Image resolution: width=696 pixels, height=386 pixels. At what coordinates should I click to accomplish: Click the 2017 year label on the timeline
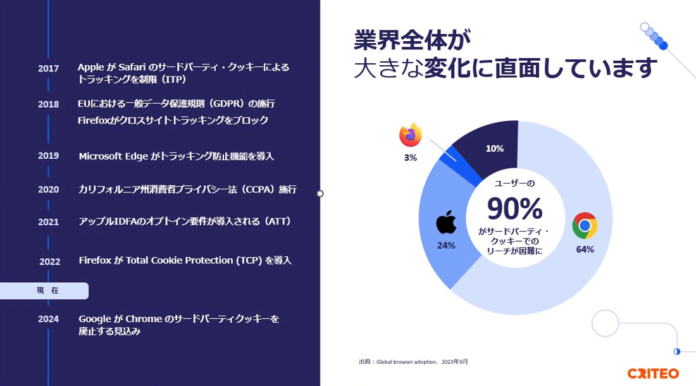pos(48,69)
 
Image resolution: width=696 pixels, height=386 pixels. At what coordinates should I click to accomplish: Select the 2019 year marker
pos(48,156)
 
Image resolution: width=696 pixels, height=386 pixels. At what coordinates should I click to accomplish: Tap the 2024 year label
pos(48,319)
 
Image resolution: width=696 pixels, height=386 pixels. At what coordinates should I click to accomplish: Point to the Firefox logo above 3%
pos(410,135)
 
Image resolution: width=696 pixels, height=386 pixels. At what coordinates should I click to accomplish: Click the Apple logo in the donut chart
pos(446,222)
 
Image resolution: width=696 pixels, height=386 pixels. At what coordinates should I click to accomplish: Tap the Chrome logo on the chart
pos(585,225)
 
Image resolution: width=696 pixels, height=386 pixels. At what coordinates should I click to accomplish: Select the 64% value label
pos(585,250)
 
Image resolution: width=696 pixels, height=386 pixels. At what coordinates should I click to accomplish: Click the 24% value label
pos(446,246)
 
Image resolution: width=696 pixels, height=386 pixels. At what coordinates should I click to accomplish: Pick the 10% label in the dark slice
pos(495,149)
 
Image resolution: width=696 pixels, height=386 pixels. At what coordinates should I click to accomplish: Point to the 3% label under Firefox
pos(410,158)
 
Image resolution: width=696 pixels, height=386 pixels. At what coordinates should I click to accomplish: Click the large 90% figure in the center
pos(515,208)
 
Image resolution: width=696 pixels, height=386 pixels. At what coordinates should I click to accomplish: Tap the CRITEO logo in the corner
pos(653,373)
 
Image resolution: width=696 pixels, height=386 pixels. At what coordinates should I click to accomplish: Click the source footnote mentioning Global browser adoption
pos(413,362)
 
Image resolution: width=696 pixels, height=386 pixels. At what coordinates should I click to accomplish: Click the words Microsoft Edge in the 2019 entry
pos(113,156)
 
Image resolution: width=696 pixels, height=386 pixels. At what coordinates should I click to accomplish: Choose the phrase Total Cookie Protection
pos(179,261)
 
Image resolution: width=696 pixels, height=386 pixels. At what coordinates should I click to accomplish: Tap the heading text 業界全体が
pos(413,40)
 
